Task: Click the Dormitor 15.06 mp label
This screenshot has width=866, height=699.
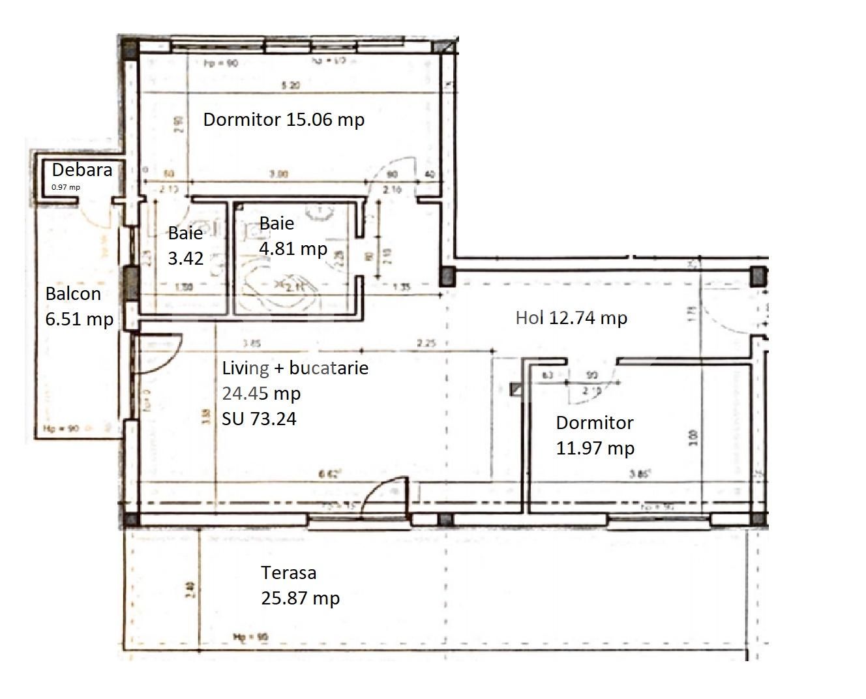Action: tap(284, 120)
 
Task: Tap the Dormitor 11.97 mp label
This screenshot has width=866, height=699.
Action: tap(595, 435)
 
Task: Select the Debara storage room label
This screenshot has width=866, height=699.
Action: tap(82, 170)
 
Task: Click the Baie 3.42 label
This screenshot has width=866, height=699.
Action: tap(186, 245)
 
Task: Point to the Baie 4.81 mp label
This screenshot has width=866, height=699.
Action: tap(292, 235)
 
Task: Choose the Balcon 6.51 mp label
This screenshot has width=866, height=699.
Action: tap(79, 306)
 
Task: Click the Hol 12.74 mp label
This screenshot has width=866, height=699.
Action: tap(571, 318)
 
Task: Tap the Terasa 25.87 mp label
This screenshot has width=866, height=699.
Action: tap(300, 586)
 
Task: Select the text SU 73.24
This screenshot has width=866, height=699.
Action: tap(259, 419)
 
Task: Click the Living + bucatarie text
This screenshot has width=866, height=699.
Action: tap(295, 368)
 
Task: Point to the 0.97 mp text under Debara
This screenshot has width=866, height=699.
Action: tap(66, 187)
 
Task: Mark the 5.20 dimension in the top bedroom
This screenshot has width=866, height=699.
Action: tap(290, 86)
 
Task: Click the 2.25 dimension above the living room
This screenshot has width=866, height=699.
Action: tap(426, 343)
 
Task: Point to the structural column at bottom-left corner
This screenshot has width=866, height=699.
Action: tap(130, 520)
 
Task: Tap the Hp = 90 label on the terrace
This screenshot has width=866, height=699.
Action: tap(250, 636)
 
